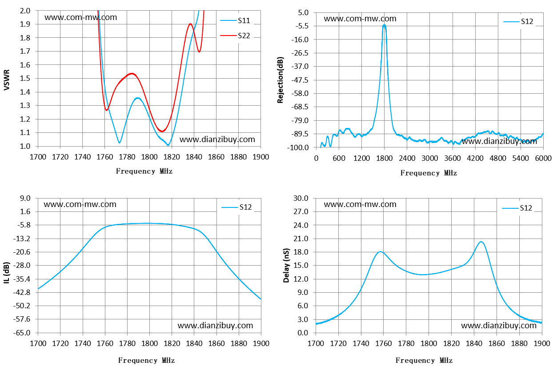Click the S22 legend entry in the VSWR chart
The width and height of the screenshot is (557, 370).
click(x=235, y=36)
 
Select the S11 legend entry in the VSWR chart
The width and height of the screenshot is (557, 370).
click(x=235, y=20)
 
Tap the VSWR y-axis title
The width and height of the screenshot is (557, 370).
click(x=7, y=80)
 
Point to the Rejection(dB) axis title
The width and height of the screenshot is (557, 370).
click(x=280, y=80)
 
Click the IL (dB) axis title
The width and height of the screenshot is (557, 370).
click(x=7, y=273)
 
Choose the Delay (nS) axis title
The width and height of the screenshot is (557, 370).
click(x=286, y=265)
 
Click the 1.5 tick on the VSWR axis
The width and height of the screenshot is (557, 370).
click(x=25, y=78)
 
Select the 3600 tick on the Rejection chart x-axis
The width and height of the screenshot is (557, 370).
click(x=453, y=158)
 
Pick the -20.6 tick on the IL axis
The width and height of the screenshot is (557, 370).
click(x=22, y=252)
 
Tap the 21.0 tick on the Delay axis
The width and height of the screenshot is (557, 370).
click(x=301, y=239)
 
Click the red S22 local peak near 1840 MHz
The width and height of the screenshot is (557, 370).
click(x=190, y=24)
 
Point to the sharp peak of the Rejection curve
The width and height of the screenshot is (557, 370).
click(x=385, y=25)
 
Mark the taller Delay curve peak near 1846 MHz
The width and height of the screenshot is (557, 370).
click(x=481, y=242)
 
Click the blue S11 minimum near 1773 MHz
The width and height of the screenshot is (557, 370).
click(x=120, y=143)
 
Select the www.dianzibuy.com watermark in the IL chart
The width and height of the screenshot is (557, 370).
click(x=215, y=325)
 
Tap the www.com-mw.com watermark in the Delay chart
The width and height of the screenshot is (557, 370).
click(x=360, y=204)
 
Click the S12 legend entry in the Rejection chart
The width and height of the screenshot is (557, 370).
click(x=518, y=22)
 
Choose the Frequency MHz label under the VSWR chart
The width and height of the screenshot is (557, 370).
click(x=144, y=171)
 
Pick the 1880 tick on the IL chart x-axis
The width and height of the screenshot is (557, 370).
click(x=239, y=343)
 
